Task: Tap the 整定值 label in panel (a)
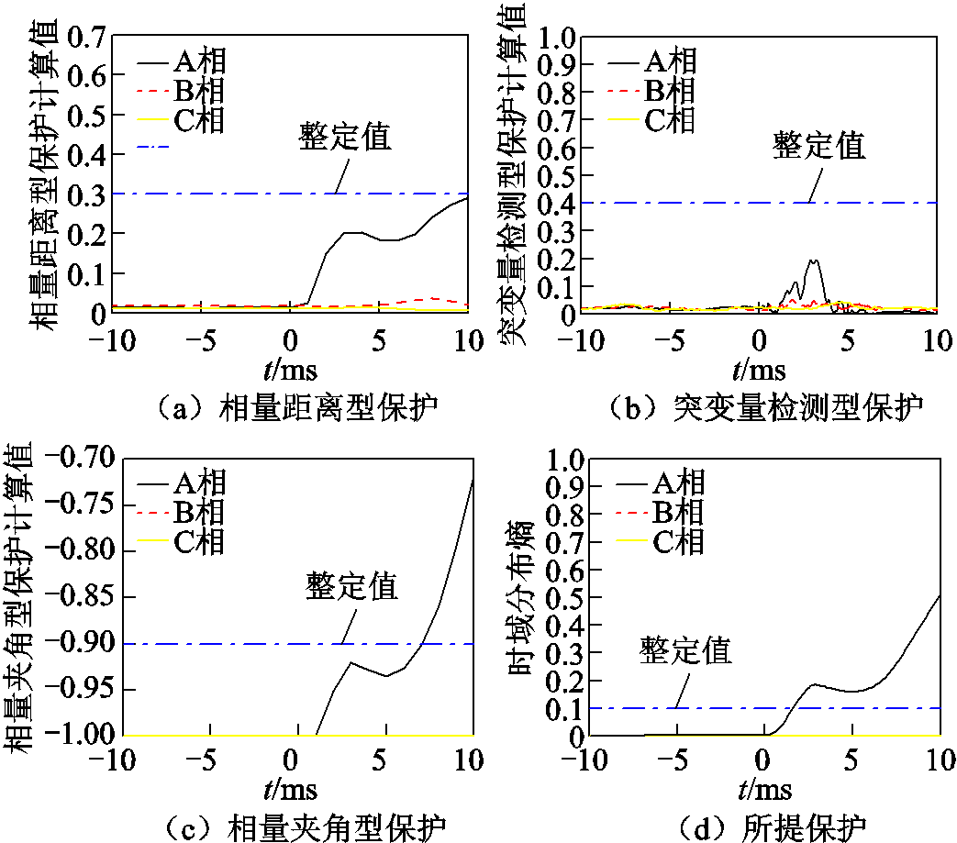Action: coord(346,137)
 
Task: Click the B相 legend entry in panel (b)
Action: coord(671,90)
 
